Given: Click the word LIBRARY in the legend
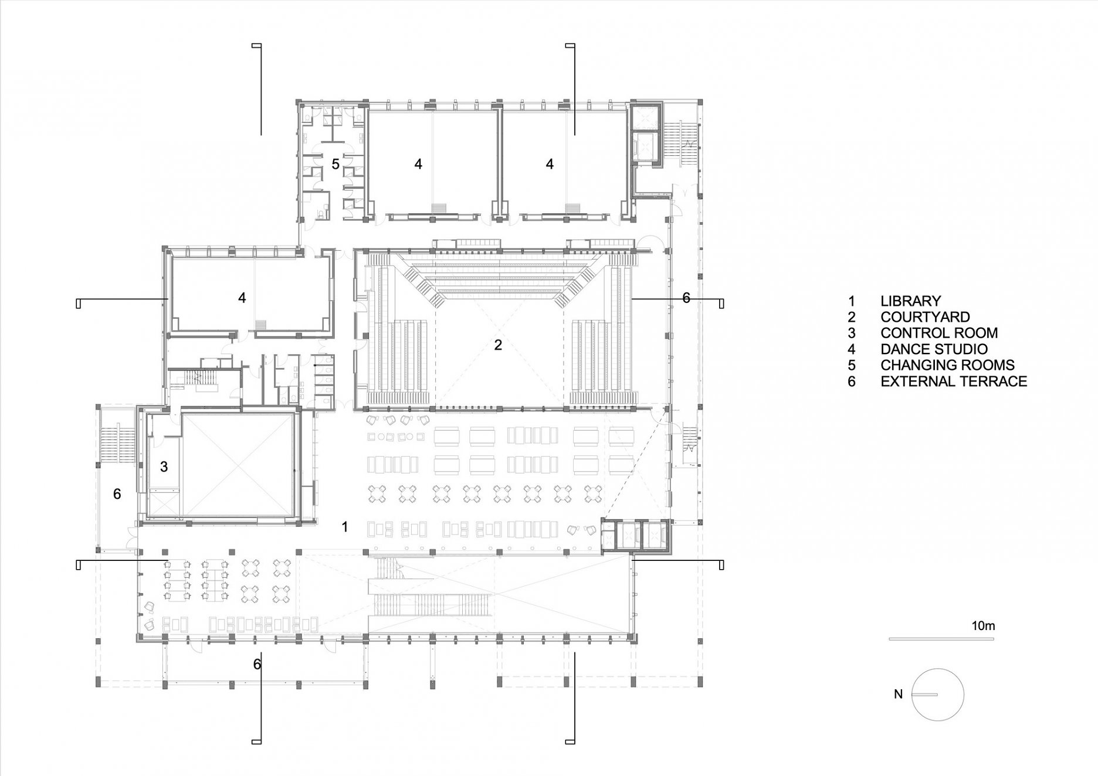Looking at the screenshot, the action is pyautogui.click(x=910, y=301).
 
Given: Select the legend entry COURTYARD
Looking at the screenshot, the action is pyautogui.click(x=925, y=317).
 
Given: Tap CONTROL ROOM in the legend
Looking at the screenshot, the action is pyautogui.click(x=939, y=333).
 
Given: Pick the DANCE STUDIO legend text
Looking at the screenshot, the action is pyautogui.click(x=934, y=349).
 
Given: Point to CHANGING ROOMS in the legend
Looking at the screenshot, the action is pyautogui.click(x=947, y=365).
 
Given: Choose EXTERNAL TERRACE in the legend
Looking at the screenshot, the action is pyautogui.click(x=954, y=382).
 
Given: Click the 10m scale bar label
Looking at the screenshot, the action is pyautogui.click(x=983, y=626).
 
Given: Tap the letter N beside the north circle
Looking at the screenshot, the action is pyautogui.click(x=898, y=695).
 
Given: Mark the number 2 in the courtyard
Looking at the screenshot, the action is pyautogui.click(x=498, y=345).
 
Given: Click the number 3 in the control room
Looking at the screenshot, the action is pyautogui.click(x=164, y=467).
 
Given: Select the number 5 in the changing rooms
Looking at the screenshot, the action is pyautogui.click(x=335, y=164).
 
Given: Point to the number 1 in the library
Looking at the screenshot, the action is pyautogui.click(x=345, y=527).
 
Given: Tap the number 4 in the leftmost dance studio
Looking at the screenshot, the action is pyautogui.click(x=242, y=298).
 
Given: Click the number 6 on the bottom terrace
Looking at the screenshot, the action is pyautogui.click(x=257, y=665).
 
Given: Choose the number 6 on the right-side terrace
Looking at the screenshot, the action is pyautogui.click(x=686, y=298).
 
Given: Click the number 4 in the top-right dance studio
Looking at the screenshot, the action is pyautogui.click(x=550, y=164).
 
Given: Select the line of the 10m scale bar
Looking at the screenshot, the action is pyautogui.click(x=941, y=639).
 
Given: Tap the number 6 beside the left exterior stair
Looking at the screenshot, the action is pyautogui.click(x=117, y=494).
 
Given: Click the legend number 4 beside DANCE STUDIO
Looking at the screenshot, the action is pyautogui.click(x=852, y=349).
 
